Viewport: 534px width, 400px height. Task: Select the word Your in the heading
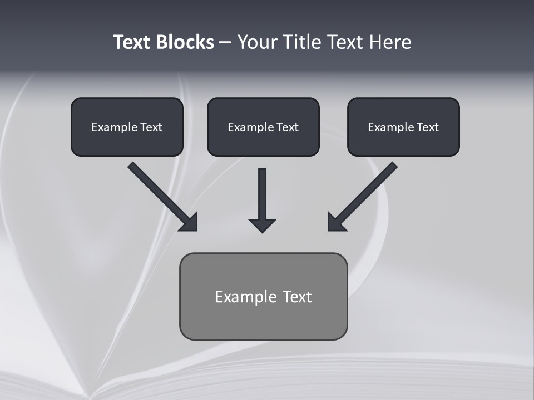256,42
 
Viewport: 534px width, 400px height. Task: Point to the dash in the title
225,43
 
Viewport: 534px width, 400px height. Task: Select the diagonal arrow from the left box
159,192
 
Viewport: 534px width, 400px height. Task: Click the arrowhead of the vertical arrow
263,225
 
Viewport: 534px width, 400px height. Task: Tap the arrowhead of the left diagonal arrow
190,223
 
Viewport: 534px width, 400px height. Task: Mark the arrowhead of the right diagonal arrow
335,223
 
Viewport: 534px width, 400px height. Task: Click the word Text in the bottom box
297,297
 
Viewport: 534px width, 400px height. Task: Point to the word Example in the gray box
245,297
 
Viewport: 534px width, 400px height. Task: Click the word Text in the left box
151,127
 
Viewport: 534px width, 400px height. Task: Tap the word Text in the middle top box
288,127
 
